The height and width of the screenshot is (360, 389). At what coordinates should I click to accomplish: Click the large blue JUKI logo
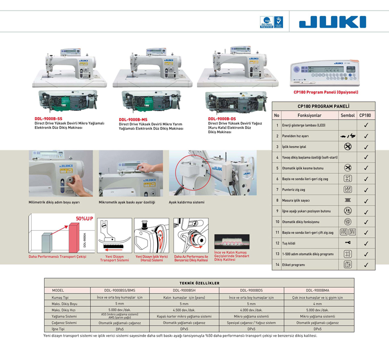pyautogui.click(x=333, y=22)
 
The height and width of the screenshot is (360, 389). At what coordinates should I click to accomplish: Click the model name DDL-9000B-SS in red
pyautogui.click(x=49, y=118)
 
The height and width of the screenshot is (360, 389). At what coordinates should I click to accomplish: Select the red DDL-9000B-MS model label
pyautogui.click(x=133, y=119)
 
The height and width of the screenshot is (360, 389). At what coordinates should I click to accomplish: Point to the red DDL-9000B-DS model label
pyautogui.click(x=222, y=118)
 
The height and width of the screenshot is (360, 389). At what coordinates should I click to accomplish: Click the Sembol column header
pyautogui.click(x=348, y=115)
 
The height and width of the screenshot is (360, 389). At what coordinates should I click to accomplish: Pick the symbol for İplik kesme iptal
pyautogui.click(x=348, y=147)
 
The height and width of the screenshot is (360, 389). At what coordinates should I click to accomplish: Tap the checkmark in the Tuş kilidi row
pyautogui.click(x=366, y=243)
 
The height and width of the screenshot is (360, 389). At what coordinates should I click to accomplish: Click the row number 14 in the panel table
pyautogui.click(x=277, y=265)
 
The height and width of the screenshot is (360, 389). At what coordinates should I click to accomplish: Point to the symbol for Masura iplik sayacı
pyautogui.click(x=348, y=201)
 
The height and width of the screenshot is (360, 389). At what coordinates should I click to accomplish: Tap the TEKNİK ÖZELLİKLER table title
pyautogui.click(x=199, y=283)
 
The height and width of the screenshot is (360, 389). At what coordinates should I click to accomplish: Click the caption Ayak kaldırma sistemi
pyautogui.click(x=187, y=203)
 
